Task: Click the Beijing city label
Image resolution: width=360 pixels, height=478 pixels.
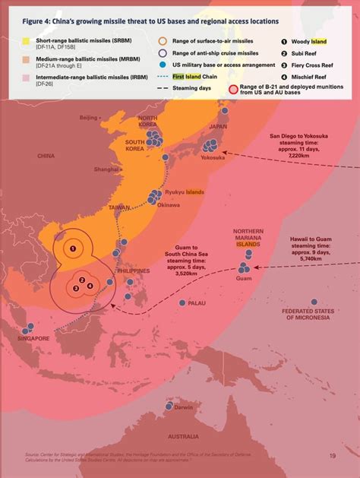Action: (88, 118)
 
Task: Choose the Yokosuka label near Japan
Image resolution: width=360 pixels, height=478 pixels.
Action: (213, 157)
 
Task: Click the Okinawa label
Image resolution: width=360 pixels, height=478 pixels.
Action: (168, 204)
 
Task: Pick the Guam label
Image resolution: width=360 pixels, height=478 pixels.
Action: (244, 279)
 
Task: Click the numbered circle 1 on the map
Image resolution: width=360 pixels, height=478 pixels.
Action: (73, 247)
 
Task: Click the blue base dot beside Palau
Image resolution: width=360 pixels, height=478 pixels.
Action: (182, 302)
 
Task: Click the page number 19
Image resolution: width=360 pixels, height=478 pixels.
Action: (333, 456)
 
